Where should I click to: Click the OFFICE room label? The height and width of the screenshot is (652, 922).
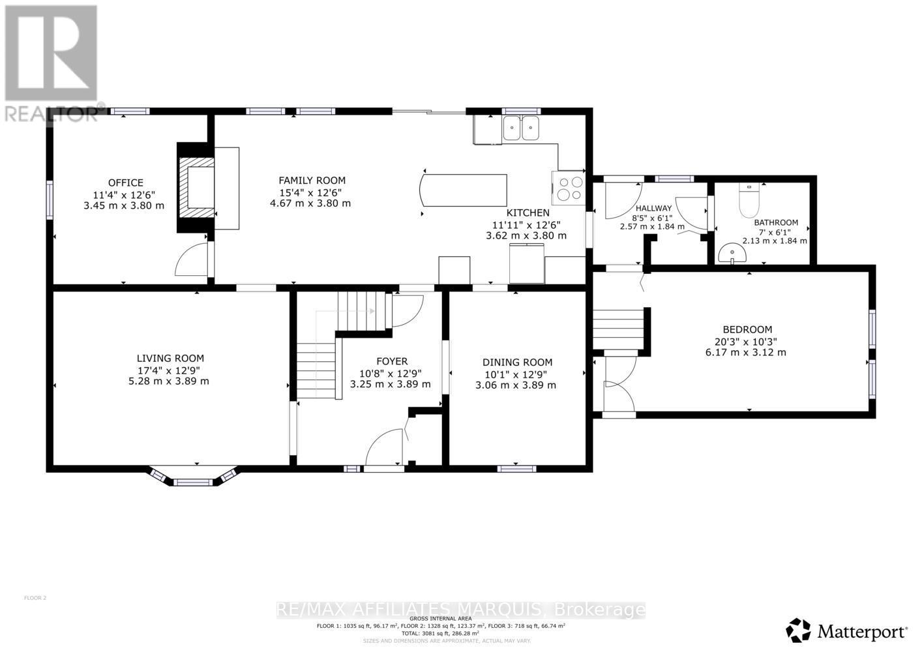(x=125, y=183)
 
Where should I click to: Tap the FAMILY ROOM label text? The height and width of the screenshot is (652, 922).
(x=312, y=181)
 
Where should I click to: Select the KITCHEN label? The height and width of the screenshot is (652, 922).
(x=528, y=213)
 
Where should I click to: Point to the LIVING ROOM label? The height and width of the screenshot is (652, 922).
(x=170, y=358)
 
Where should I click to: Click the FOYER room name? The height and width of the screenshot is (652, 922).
(x=391, y=361)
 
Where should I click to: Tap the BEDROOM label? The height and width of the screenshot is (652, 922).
(x=747, y=330)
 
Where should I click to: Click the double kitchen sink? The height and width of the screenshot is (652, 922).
(x=522, y=128)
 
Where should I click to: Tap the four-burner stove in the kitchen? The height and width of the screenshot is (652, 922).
(x=568, y=188)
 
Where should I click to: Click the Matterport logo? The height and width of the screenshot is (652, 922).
(x=846, y=630)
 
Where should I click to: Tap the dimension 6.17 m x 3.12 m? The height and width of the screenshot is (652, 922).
(x=747, y=353)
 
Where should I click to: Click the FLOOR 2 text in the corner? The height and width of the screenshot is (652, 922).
(x=35, y=598)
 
